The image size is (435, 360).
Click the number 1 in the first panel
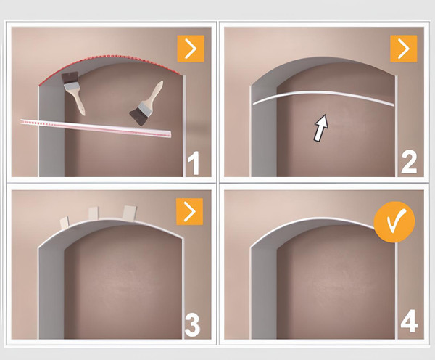pyautogui.click(x=194, y=163)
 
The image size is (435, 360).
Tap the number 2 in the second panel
pyautogui.click(x=409, y=163)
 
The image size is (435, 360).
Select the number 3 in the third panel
pyautogui.click(x=192, y=326)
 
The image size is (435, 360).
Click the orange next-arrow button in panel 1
pyautogui.click(x=191, y=49)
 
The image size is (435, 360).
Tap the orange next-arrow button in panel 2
pyautogui.click(x=403, y=49)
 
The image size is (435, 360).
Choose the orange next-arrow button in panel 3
pyautogui.click(x=190, y=211)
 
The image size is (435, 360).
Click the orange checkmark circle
pyautogui.click(x=394, y=222)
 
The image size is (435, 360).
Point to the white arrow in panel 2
pyautogui.click(x=321, y=128)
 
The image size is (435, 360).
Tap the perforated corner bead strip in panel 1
pyautogui.click(x=96, y=128)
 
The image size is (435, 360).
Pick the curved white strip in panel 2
pyautogui.click(x=323, y=97)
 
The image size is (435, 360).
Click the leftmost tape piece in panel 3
pyautogui.click(x=65, y=223)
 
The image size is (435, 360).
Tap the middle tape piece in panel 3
pyautogui.click(x=94, y=213)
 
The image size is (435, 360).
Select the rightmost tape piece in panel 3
pyautogui.click(x=130, y=212)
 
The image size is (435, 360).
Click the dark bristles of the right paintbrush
pyautogui.click(x=138, y=118)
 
